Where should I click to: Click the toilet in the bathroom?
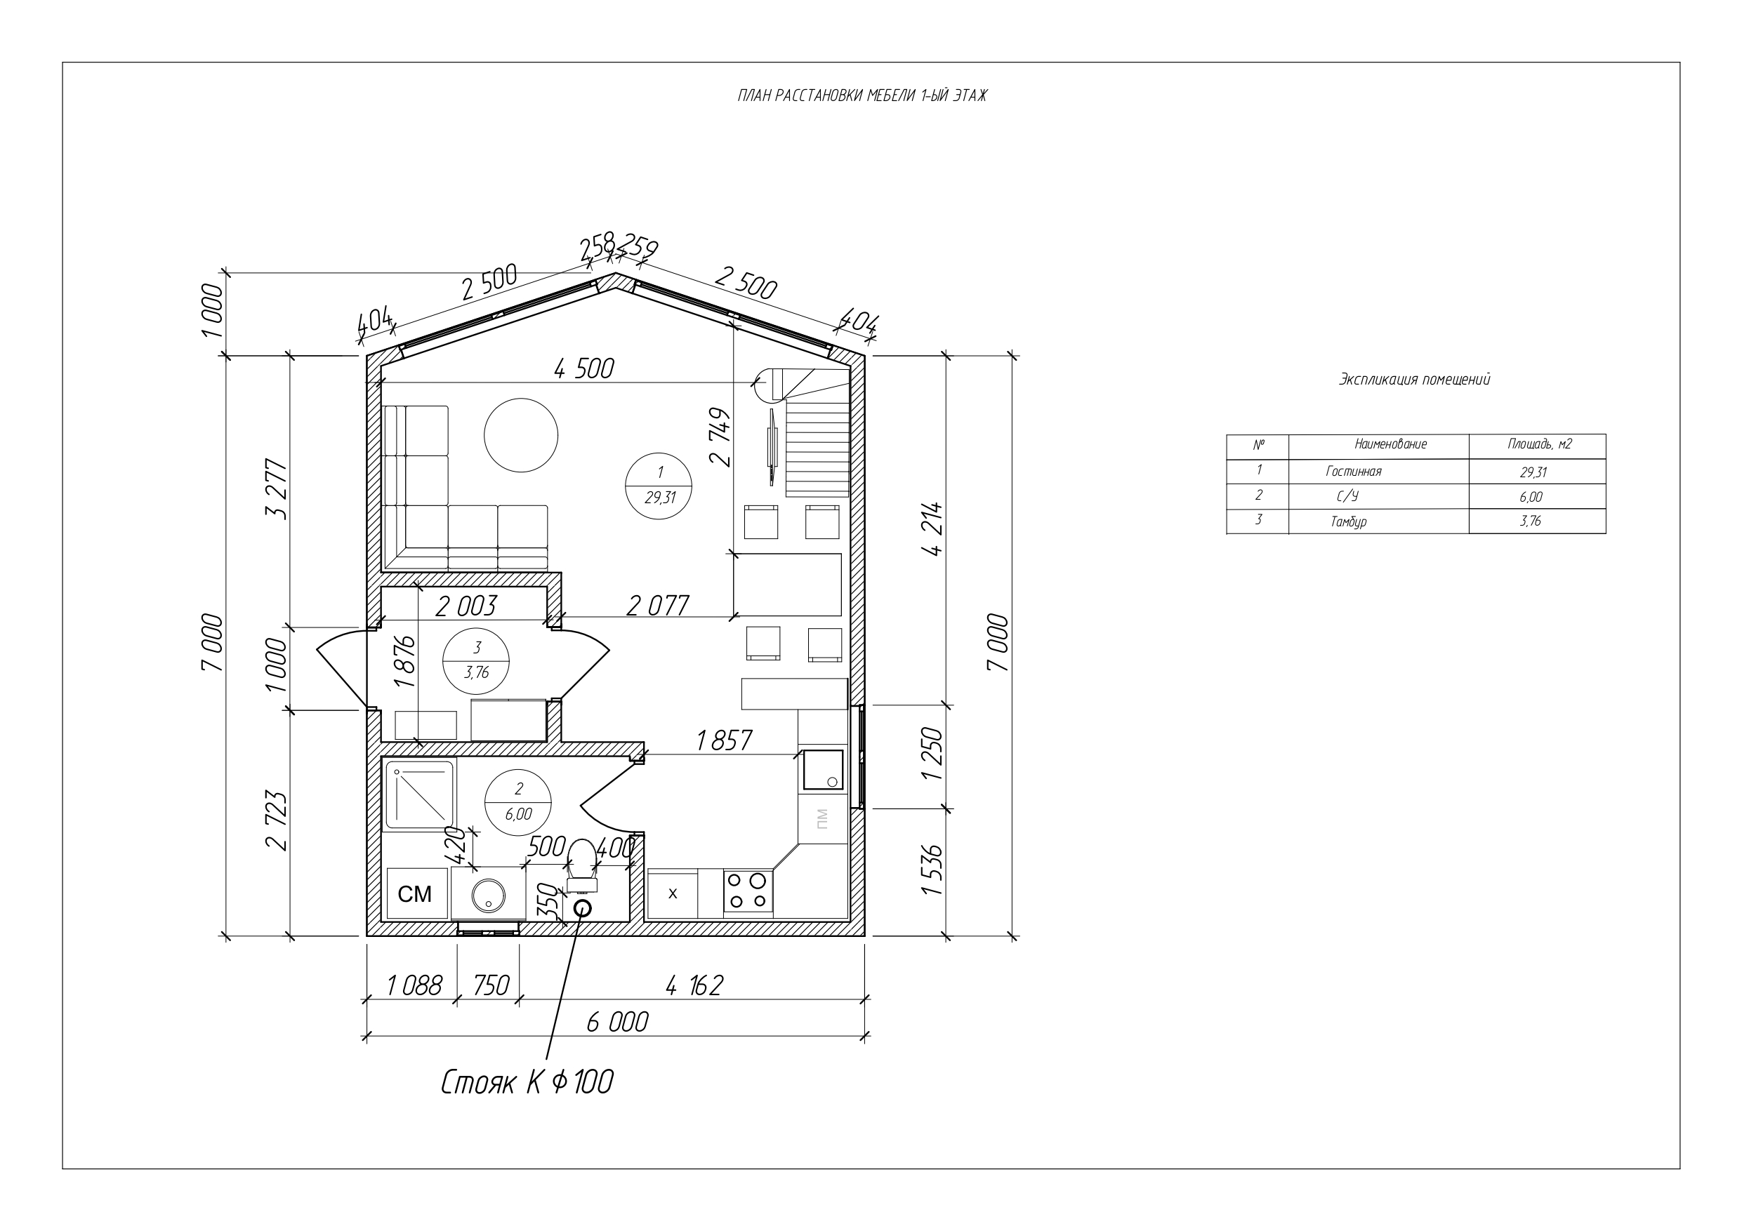point(582,865)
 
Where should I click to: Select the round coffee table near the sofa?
point(521,435)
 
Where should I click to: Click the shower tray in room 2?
point(420,794)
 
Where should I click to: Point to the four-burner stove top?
point(748,891)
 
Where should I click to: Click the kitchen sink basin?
point(822,770)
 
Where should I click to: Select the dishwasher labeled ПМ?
point(822,818)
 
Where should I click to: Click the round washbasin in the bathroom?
point(489,896)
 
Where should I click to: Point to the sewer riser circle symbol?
point(583,908)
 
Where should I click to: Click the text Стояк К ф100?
point(527,1082)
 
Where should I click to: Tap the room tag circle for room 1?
point(659,486)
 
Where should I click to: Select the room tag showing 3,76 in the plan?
point(477,660)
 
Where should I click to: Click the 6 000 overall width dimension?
point(618,1023)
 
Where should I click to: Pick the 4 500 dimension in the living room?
point(584,369)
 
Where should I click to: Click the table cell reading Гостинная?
point(1354,472)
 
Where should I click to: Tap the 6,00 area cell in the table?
point(1532,498)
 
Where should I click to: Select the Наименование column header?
point(1391,444)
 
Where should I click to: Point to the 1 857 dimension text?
point(725,740)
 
